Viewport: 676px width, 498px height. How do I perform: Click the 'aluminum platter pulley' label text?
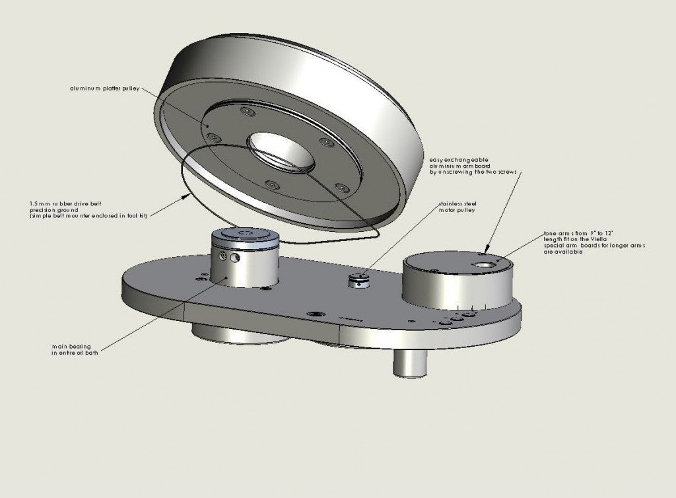pos(104,88)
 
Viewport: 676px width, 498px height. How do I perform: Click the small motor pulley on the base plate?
pos(357,281)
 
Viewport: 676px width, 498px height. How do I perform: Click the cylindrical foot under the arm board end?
pos(411,362)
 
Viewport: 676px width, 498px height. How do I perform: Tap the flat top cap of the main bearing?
pos(244,234)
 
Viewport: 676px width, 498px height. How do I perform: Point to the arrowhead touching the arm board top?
pos(487,251)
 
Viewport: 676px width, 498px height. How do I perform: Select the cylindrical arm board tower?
pos(457,281)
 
